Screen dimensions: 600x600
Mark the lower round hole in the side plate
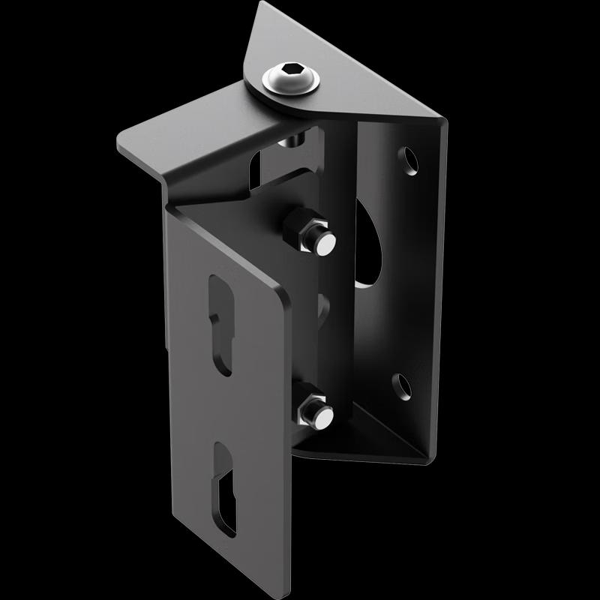click(x=403, y=385)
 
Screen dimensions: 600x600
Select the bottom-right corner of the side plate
click(x=430, y=457)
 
